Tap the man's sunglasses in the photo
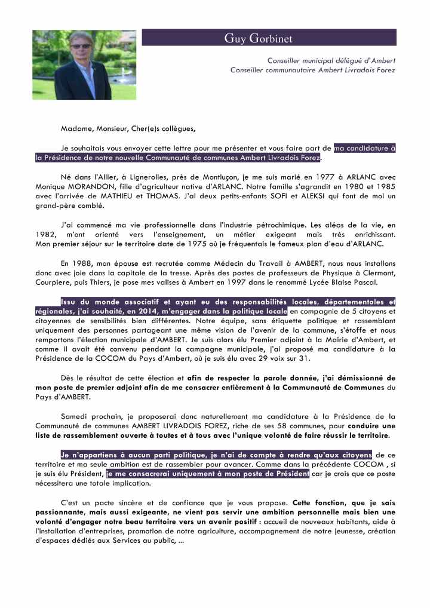tap(80, 46)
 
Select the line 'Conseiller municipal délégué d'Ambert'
tap(331, 60)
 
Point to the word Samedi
tap(75, 416)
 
